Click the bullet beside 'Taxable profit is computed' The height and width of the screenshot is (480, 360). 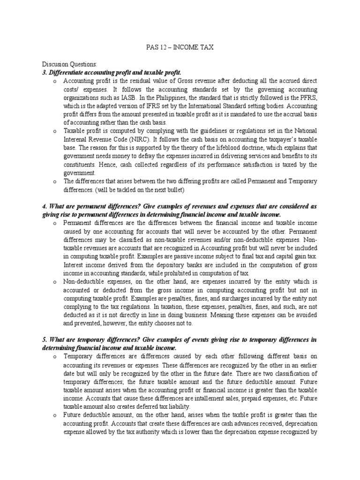(55, 130)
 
